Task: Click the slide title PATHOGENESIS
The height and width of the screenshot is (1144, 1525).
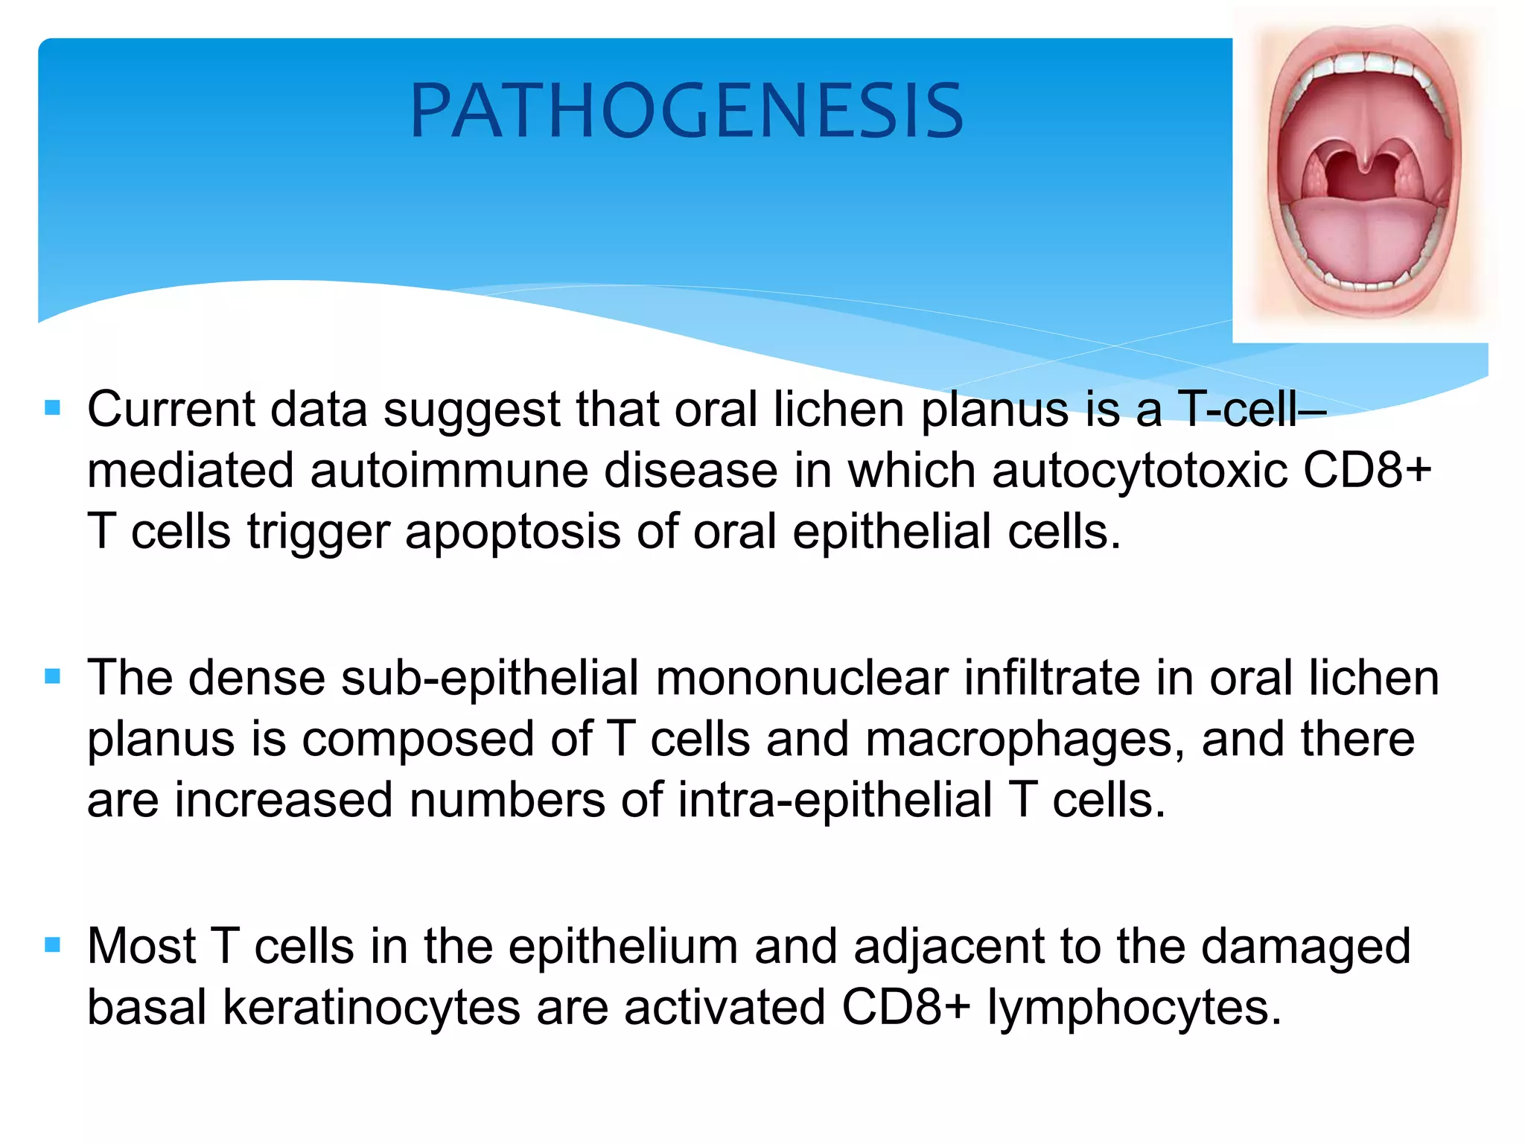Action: (687, 111)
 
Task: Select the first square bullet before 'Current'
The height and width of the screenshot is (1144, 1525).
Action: (52, 408)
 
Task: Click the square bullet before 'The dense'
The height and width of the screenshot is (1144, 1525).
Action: (52, 676)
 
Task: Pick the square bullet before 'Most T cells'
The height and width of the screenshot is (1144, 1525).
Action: (52, 945)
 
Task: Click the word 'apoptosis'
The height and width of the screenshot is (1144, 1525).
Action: (512, 532)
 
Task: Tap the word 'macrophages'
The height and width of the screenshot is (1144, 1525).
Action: (1025, 739)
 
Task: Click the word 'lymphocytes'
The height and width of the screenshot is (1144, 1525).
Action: (1133, 1008)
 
